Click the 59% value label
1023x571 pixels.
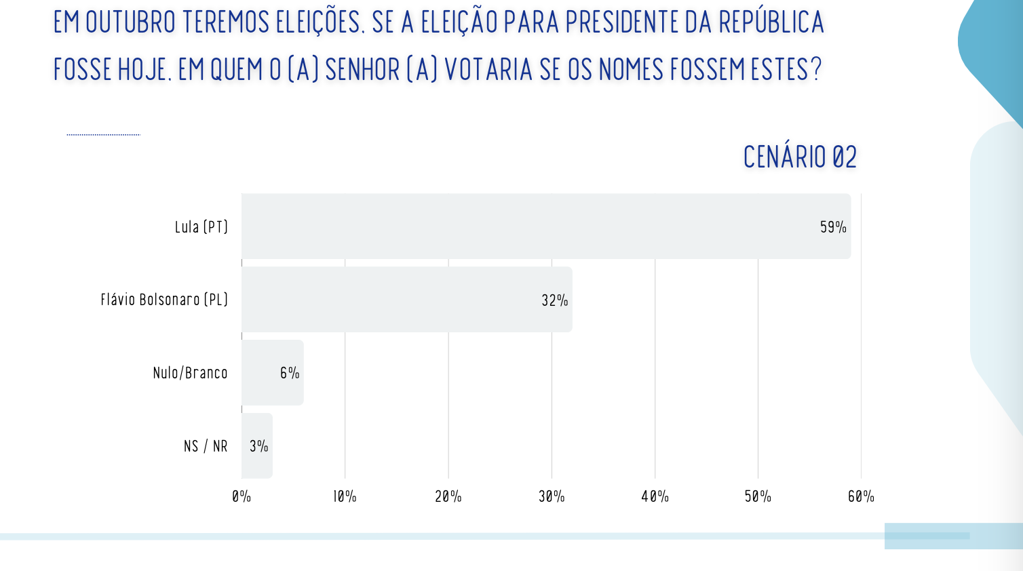(x=833, y=227)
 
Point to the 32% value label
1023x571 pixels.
(x=554, y=300)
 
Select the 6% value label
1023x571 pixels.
(x=290, y=373)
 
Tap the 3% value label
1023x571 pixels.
(x=258, y=446)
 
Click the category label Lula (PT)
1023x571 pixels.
(x=201, y=227)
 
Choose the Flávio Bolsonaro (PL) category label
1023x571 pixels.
(x=164, y=300)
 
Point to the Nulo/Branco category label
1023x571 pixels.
(x=190, y=373)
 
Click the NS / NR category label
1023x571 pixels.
(x=206, y=446)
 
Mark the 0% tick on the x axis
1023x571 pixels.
(x=242, y=496)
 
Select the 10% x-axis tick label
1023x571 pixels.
(x=345, y=496)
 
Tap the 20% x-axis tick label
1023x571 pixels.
(x=448, y=496)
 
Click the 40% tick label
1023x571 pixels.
(x=655, y=496)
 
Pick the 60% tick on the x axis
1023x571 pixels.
(x=861, y=496)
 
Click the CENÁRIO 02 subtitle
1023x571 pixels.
(x=800, y=157)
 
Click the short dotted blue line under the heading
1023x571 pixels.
(x=103, y=135)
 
